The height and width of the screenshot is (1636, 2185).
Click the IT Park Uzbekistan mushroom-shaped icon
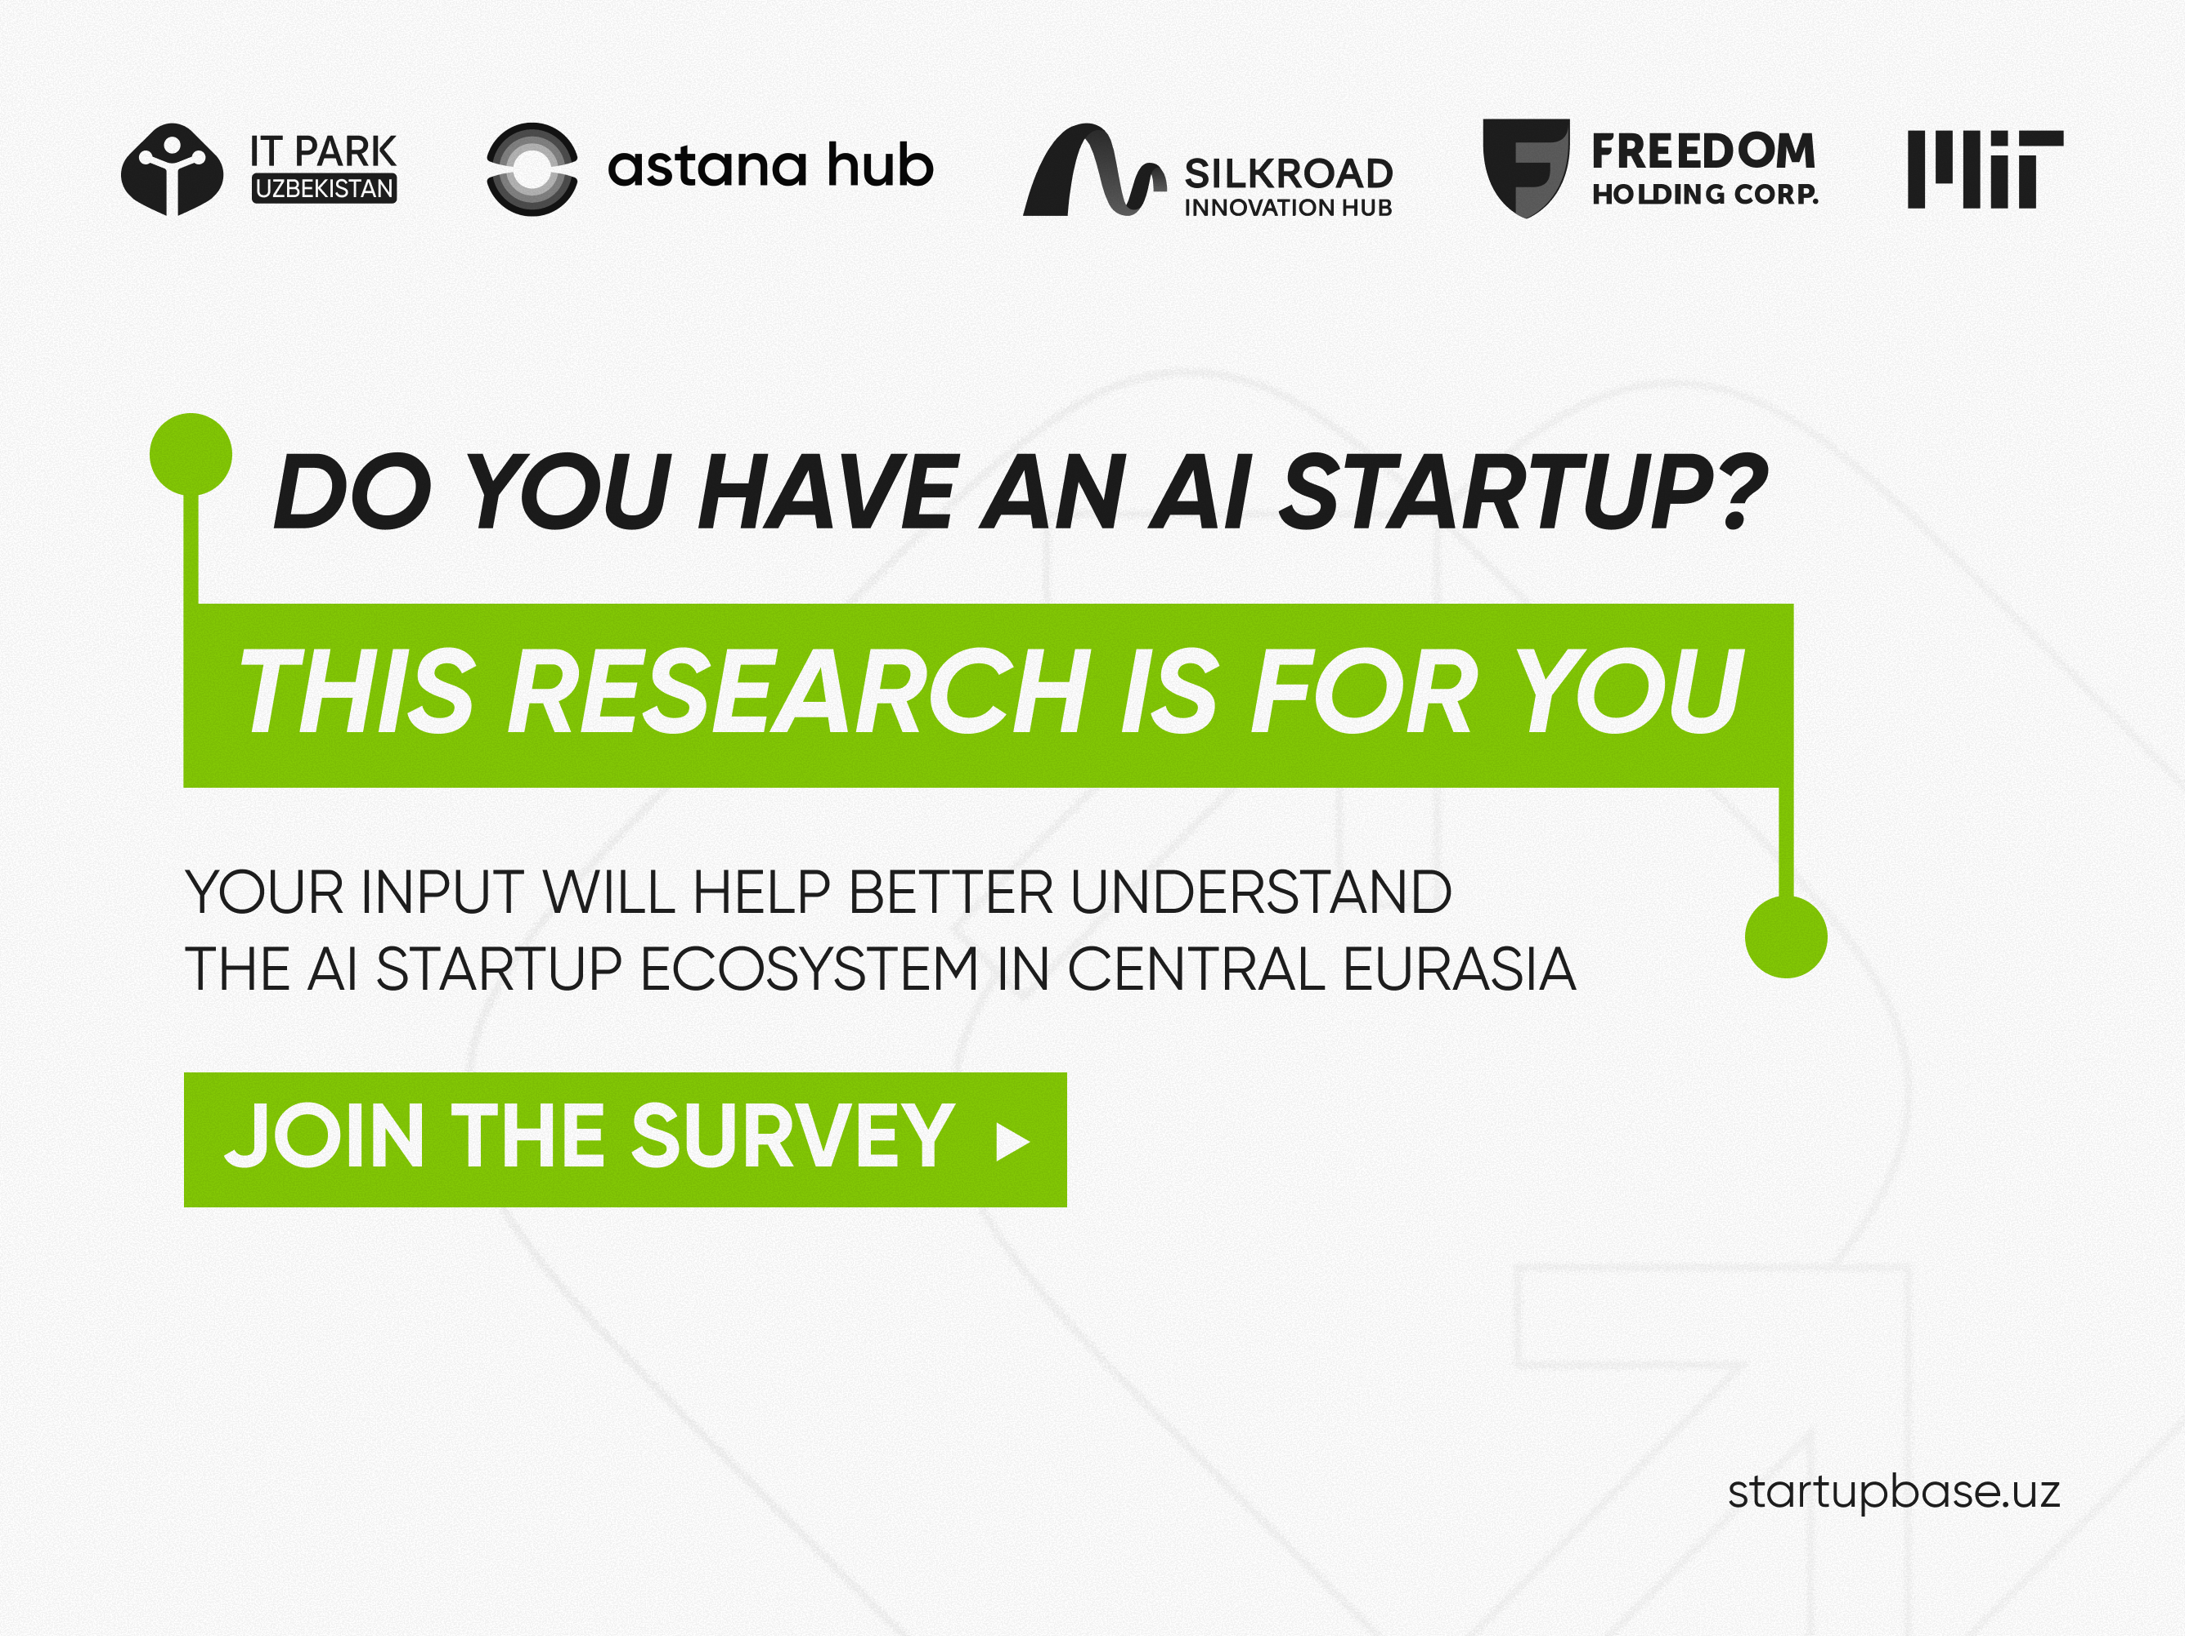tap(172, 169)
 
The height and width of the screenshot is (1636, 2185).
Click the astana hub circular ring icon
tap(532, 169)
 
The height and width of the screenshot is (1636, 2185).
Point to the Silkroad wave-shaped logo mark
tap(1094, 170)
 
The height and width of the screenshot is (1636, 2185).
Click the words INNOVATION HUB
tap(1288, 208)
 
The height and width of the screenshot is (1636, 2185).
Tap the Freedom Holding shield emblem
tap(1526, 168)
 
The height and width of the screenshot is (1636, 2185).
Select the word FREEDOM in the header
tap(1703, 151)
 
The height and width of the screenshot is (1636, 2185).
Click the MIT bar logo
tap(1985, 169)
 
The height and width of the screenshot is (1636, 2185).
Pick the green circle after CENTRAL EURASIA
tap(1786, 937)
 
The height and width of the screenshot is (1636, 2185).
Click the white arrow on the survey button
tap(1012, 1141)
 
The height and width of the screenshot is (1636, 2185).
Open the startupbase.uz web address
tap(1894, 1492)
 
